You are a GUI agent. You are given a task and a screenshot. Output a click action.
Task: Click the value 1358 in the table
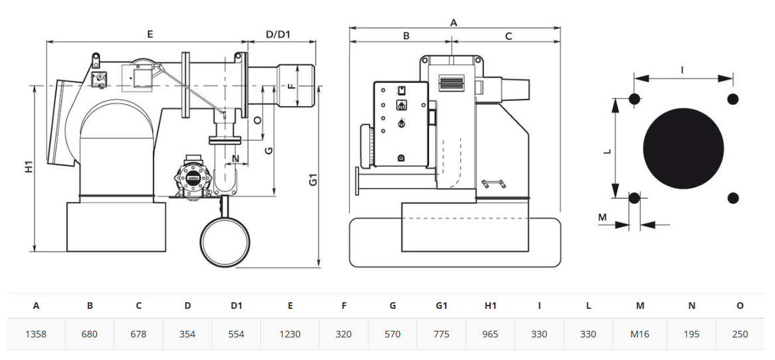[36, 334]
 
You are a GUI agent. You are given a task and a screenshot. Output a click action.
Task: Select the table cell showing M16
[640, 334]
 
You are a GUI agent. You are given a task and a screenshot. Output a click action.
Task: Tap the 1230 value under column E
[290, 334]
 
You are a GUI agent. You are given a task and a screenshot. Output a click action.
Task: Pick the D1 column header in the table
[237, 306]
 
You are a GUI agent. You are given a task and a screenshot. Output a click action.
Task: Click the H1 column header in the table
[490, 306]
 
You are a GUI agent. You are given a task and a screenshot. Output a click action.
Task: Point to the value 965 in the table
[490, 334]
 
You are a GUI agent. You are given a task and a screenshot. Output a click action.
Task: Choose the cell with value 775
[442, 334]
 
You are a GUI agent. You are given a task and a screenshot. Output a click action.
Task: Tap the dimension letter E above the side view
[150, 34]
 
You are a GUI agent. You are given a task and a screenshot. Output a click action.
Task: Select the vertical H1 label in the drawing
[29, 167]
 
